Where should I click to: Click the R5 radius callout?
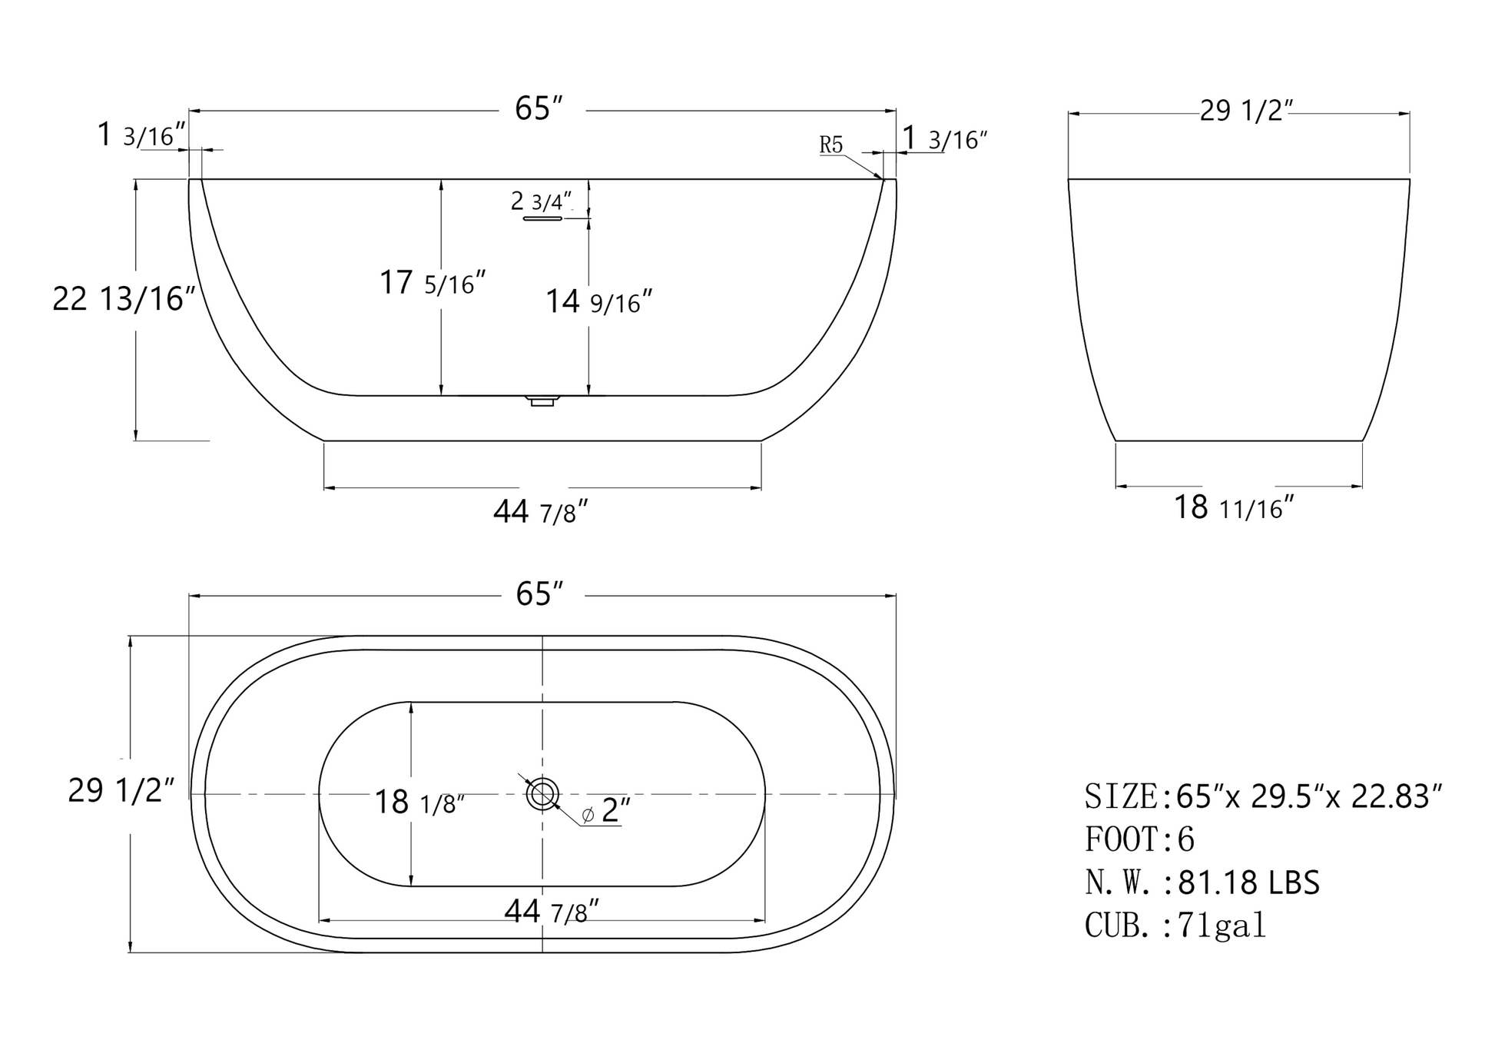coord(830,145)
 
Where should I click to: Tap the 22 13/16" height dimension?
coord(123,298)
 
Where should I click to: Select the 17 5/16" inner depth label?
coord(433,283)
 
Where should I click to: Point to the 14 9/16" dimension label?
coord(598,301)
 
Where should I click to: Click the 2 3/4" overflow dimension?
coord(542,201)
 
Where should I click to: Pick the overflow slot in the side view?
coord(542,219)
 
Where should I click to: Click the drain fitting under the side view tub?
coord(542,401)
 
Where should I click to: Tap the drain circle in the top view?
coord(542,793)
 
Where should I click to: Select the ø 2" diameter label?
coord(606,811)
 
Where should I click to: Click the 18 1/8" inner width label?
coord(419,803)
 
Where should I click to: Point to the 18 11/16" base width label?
coord(1234,507)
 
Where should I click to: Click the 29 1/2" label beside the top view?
coord(121,790)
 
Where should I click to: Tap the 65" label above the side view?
coord(539,109)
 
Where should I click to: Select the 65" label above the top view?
coord(539,594)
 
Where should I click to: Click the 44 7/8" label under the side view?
coord(540,512)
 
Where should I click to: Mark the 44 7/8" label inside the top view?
coord(551,912)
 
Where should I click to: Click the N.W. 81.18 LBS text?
coord(1202,882)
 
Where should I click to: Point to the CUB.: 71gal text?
coord(1175,925)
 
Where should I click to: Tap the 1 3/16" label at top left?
coord(141,135)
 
